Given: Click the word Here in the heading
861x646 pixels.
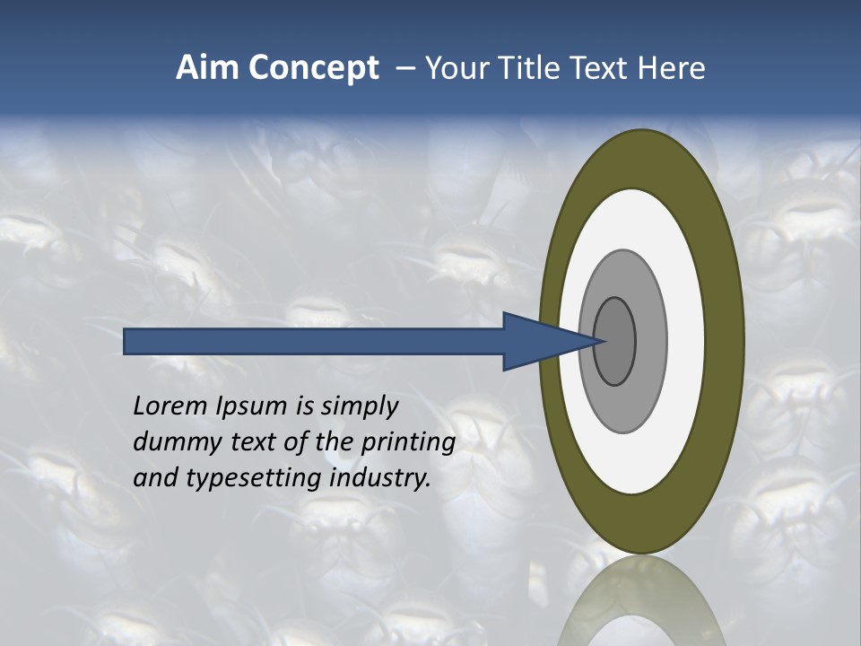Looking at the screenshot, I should click(x=672, y=68).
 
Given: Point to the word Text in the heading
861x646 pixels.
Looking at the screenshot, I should click(x=602, y=68).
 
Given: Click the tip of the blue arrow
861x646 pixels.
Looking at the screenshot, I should click(x=603, y=341).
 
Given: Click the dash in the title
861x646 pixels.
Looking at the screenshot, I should click(x=405, y=69).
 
